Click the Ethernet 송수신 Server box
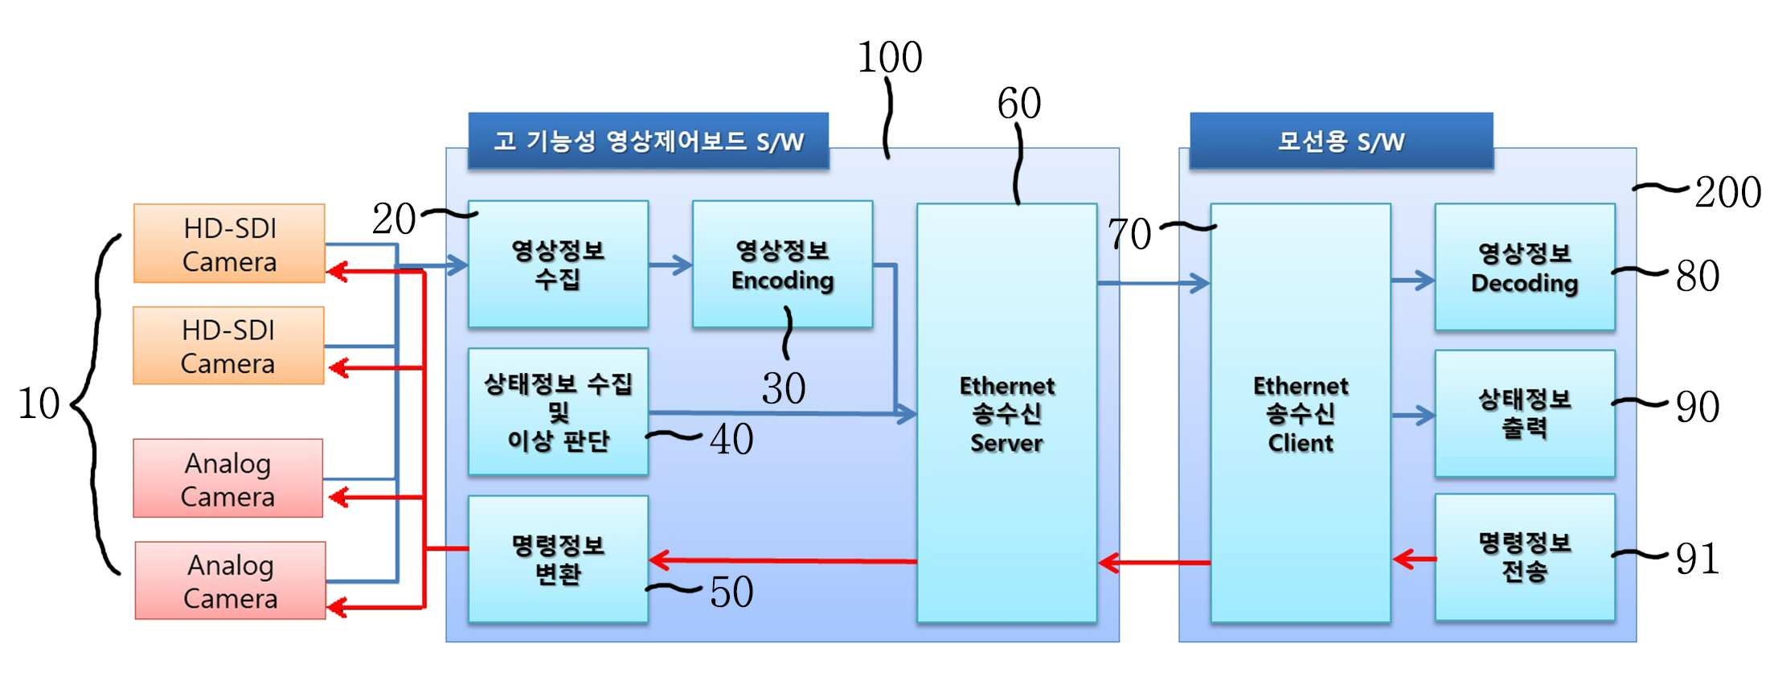(x=1006, y=412)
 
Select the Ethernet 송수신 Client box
(x=1301, y=412)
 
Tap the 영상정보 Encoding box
(x=782, y=264)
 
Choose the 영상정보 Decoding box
(x=1525, y=266)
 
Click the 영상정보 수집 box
(x=558, y=264)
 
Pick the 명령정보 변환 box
(x=558, y=559)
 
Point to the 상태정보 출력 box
(x=1525, y=413)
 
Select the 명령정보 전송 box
(x=1525, y=557)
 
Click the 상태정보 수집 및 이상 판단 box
(x=558, y=412)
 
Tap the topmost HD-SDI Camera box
(x=229, y=244)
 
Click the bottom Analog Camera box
(x=230, y=580)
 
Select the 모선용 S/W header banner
(x=1341, y=141)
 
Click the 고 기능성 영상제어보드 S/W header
(x=648, y=141)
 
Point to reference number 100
(x=890, y=57)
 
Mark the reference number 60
(x=1019, y=103)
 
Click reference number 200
(x=1728, y=192)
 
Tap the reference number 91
(x=1697, y=559)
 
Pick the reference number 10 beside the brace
(x=39, y=403)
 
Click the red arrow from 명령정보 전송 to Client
(x=1414, y=558)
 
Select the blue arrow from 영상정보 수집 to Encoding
(x=670, y=265)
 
